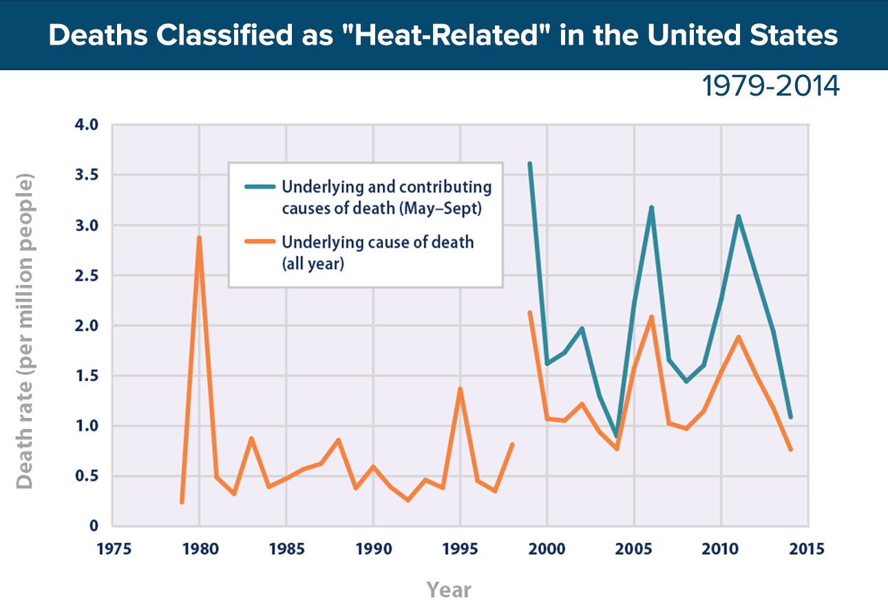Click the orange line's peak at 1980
tap(200, 238)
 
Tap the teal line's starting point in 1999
tap(529, 164)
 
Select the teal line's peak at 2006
tap(651, 207)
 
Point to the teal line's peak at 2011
tap(738, 217)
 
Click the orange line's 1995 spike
tap(460, 389)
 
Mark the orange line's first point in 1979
tap(182, 502)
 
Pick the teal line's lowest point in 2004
tap(617, 435)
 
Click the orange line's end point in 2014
tap(790, 449)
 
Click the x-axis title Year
tap(449, 589)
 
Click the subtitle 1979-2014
tap(771, 87)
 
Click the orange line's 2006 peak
tap(651, 317)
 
